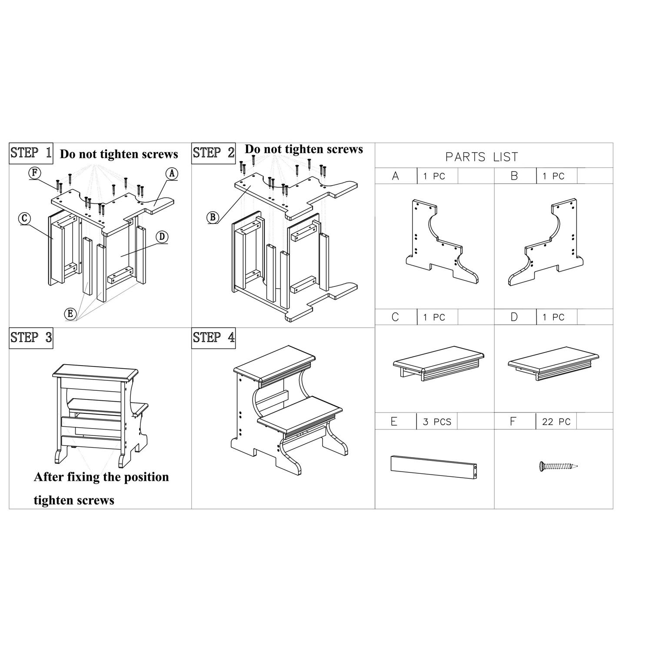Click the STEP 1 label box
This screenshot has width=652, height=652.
31,153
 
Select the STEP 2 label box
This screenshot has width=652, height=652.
213,153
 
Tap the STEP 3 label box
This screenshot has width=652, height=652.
31,338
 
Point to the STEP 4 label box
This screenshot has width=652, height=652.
213,338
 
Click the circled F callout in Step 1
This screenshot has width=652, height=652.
35,173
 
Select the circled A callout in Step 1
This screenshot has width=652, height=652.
172,173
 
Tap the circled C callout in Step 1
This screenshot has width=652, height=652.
24,218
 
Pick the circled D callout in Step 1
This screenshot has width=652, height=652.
162,236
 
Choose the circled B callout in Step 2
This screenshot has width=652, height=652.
212,217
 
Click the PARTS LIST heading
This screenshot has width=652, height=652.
482,157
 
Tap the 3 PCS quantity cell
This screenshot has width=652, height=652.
437,422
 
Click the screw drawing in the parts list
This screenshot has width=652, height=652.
558,466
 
